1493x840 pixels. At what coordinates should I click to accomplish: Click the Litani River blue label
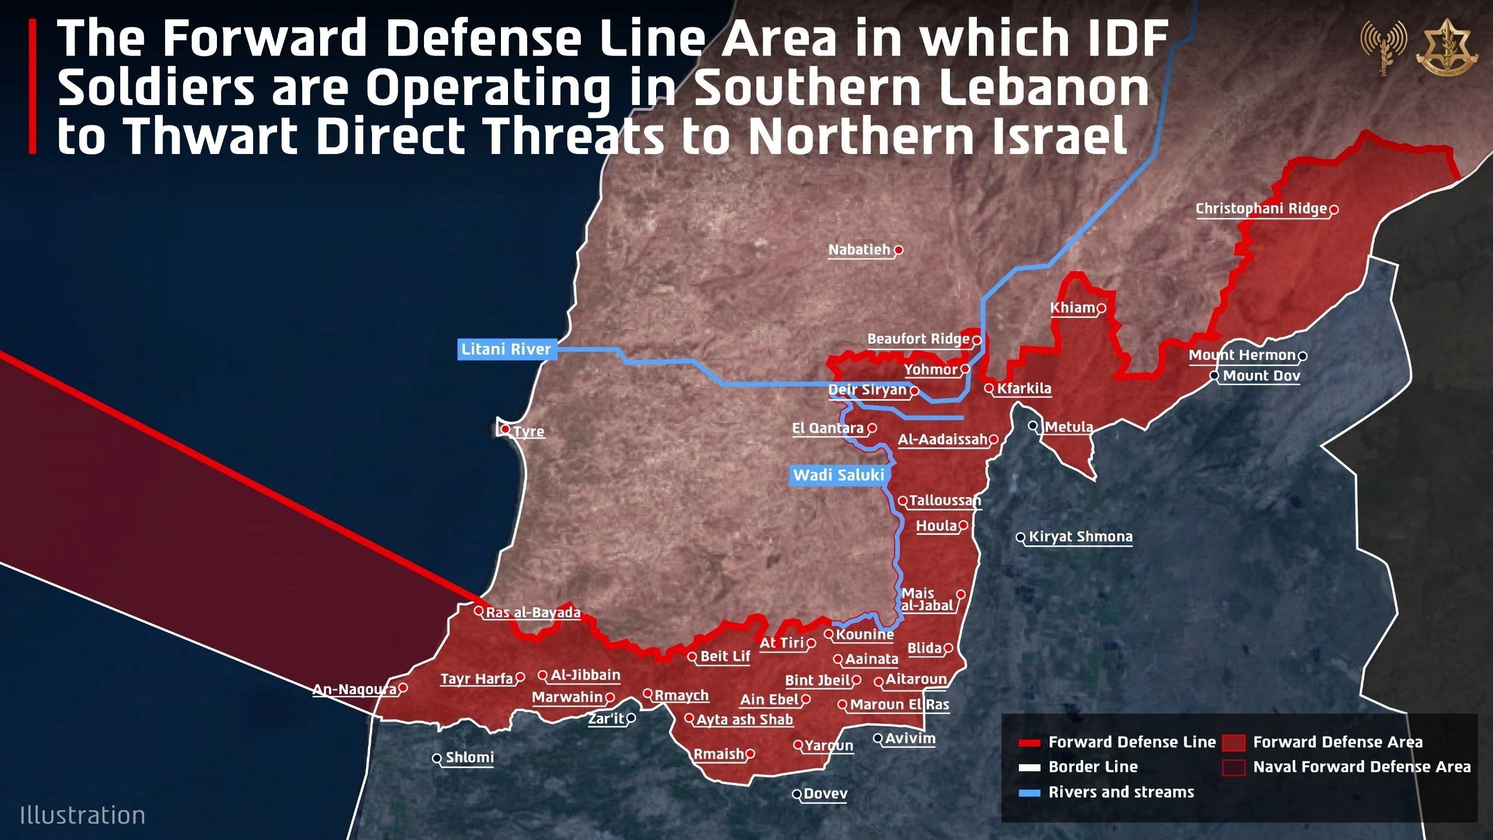[x=506, y=349]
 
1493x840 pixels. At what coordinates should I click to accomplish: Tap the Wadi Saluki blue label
[x=838, y=475]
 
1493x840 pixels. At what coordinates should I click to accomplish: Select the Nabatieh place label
[x=860, y=250]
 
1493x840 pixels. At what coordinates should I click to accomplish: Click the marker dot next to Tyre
[x=506, y=430]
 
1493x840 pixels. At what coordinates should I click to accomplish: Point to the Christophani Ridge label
[x=1261, y=208]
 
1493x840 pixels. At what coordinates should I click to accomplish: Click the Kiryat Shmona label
[x=1080, y=537]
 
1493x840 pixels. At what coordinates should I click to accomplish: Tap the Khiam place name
[x=1073, y=307]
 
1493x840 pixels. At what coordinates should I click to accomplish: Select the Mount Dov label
[x=1261, y=376]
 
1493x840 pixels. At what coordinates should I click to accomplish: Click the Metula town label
[x=1068, y=427]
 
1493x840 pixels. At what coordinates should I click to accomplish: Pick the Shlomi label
[x=469, y=757]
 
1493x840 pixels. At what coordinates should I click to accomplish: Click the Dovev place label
[x=825, y=793]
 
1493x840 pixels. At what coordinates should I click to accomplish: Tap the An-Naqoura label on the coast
[x=355, y=689]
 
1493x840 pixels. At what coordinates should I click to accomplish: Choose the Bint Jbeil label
[x=818, y=680]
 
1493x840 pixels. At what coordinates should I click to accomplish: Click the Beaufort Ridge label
[x=918, y=339]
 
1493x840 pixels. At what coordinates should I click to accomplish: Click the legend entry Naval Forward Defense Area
[x=1362, y=766]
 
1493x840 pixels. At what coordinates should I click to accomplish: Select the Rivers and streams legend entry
[x=1121, y=792]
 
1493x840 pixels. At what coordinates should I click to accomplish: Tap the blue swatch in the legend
[x=1029, y=793]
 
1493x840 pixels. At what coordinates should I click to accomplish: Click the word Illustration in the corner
[x=82, y=815]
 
